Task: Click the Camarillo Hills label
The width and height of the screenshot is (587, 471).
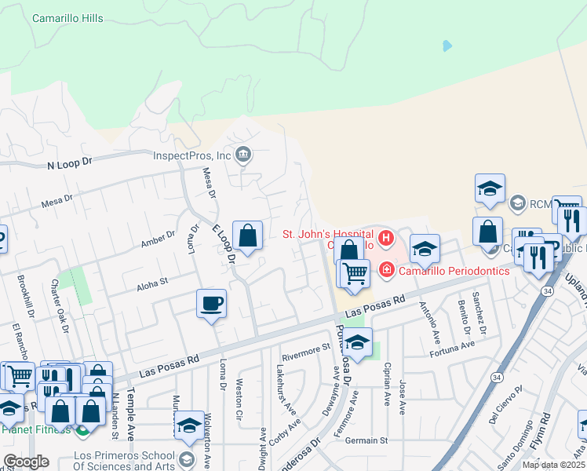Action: (x=67, y=18)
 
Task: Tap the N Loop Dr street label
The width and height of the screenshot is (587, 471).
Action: (x=70, y=164)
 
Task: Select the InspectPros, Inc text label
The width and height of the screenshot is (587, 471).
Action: (x=191, y=155)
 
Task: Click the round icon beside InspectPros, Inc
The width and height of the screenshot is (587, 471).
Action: (x=243, y=155)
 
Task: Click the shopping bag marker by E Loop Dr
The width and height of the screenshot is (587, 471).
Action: (x=247, y=235)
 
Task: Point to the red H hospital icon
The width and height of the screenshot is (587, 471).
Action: (x=385, y=237)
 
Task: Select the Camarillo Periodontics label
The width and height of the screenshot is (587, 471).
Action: (x=453, y=271)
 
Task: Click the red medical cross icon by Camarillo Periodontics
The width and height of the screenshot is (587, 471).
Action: (x=386, y=271)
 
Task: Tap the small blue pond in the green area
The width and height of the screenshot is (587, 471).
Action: (x=447, y=46)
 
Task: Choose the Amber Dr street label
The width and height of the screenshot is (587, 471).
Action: (x=159, y=238)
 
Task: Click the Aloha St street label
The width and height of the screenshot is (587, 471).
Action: (x=153, y=280)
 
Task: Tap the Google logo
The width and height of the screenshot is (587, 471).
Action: (x=26, y=462)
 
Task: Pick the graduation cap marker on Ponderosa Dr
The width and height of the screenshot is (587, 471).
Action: (x=357, y=344)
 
